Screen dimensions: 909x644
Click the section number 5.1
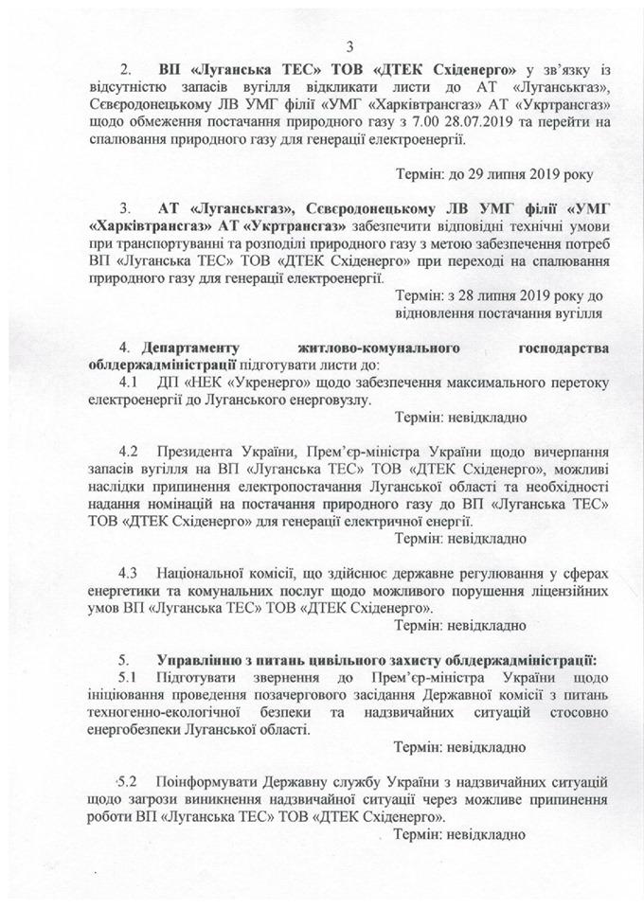click(130, 677)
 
